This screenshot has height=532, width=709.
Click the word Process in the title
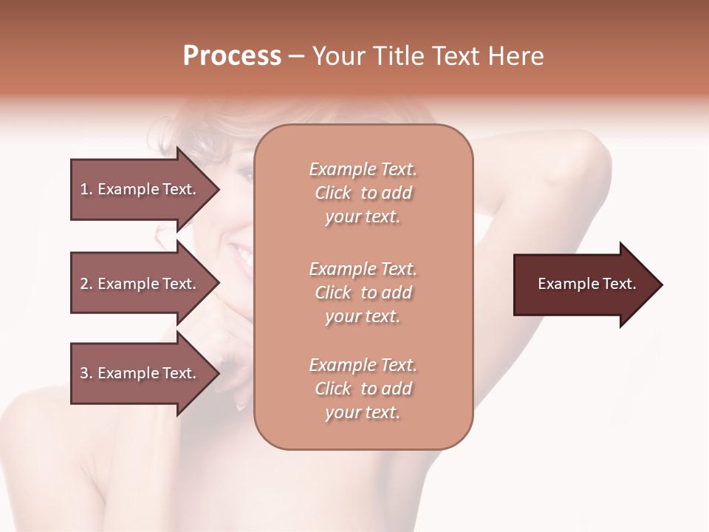coord(232,56)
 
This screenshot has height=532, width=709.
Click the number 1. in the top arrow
coord(86,189)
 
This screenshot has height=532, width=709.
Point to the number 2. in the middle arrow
coord(86,284)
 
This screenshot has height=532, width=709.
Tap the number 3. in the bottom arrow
coord(86,373)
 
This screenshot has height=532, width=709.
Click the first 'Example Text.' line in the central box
coord(363,169)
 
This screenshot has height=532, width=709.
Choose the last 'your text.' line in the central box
coord(363,412)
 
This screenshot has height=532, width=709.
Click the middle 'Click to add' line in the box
coord(363,293)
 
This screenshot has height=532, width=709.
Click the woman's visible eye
coord(245,175)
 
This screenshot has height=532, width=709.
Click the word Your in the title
coord(339,56)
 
